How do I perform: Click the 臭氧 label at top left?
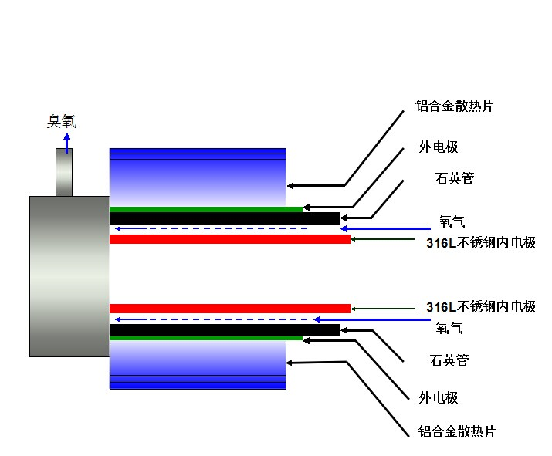tap(62, 121)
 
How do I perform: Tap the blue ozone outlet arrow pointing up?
tap(66, 142)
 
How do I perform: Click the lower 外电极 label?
tap(439, 398)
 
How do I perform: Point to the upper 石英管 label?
tap(455, 179)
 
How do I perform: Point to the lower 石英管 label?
tap(449, 360)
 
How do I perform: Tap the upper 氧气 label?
tap(451, 221)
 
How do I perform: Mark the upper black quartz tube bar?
tap(224, 218)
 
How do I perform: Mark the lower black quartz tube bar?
tap(224, 330)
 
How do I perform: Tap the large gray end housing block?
tap(69, 276)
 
